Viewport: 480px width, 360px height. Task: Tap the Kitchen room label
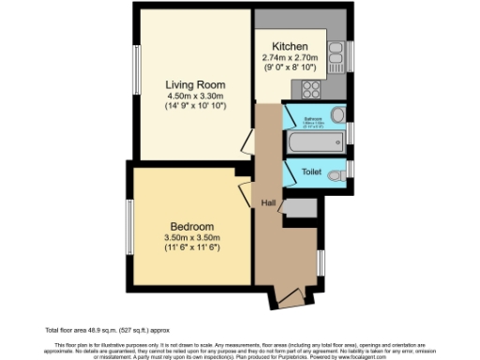[x=290, y=48]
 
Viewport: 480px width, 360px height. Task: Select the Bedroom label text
[x=192, y=227]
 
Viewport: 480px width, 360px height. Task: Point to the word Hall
[x=268, y=203]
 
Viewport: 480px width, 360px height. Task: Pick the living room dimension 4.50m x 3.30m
[x=194, y=97]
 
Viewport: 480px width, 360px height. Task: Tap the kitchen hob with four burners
[x=310, y=91]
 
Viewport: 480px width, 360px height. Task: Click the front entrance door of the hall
[x=290, y=298]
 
